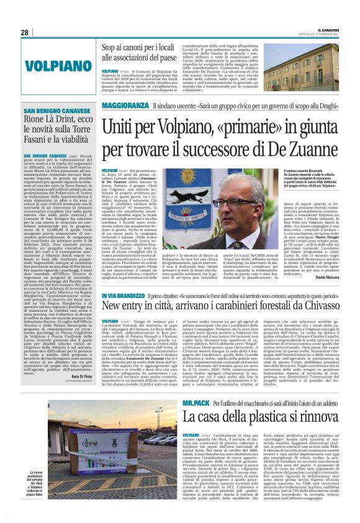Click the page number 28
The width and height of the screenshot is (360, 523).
click(x=24, y=32)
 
